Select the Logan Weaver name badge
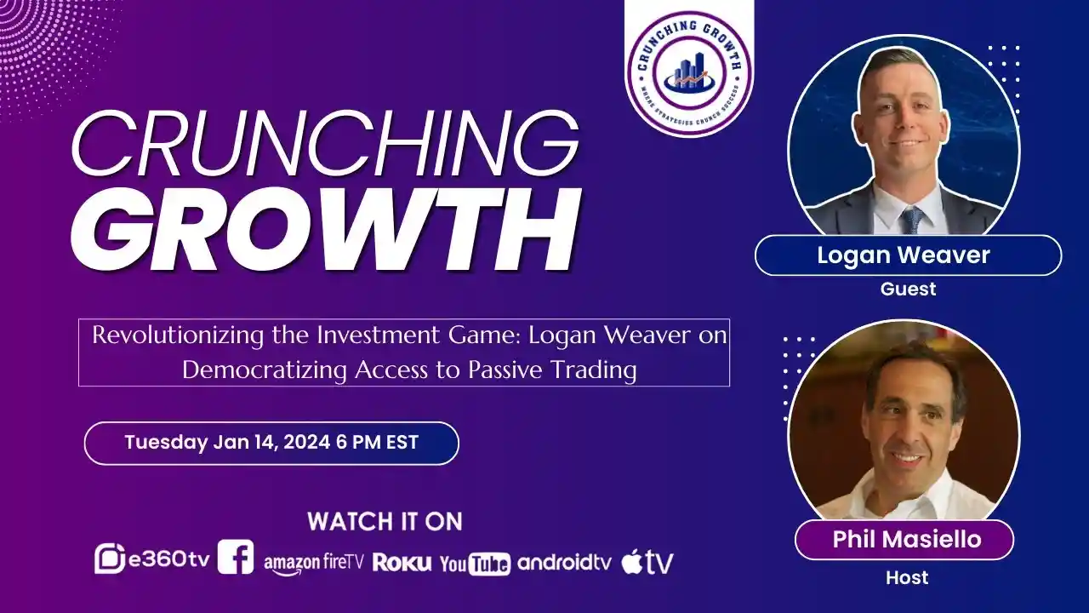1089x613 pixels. click(907, 255)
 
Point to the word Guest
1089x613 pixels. click(908, 289)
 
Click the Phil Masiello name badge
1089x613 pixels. click(904, 540)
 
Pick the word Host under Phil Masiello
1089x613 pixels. click(907, 578)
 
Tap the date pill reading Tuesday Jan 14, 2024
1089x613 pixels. click(271, 443)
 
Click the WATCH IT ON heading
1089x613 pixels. click(385, 521)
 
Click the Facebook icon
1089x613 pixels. click(236, 558)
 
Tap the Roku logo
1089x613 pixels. click(402, 563)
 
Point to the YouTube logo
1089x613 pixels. click(475, 563)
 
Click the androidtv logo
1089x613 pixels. click(564, 562)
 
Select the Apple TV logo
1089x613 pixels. click(647, 562)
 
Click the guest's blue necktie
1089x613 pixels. click(911, 221)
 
